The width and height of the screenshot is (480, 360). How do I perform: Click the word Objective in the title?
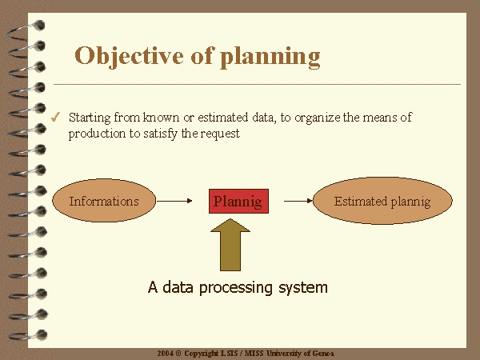point(129,57)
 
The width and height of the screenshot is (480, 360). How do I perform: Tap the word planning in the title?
point(270,58)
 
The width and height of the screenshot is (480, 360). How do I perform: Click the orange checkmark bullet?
point(55,117)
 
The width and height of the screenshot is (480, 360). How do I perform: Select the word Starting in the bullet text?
point(90,118)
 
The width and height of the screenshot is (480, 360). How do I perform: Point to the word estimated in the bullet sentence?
point(222,118)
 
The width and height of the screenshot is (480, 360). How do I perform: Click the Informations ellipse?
point(104,201)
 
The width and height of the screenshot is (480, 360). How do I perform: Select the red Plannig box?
point(238,201)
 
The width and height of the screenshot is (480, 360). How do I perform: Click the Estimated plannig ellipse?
point(382,201)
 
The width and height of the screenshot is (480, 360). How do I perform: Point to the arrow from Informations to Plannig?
point(174,201)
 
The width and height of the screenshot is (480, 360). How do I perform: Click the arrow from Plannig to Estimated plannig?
point(298,201)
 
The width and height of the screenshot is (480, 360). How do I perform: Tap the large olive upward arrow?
point(230,245)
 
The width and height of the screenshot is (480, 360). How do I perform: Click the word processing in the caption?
point(236,288)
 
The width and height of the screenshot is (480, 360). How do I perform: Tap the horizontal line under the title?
point(257,84)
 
